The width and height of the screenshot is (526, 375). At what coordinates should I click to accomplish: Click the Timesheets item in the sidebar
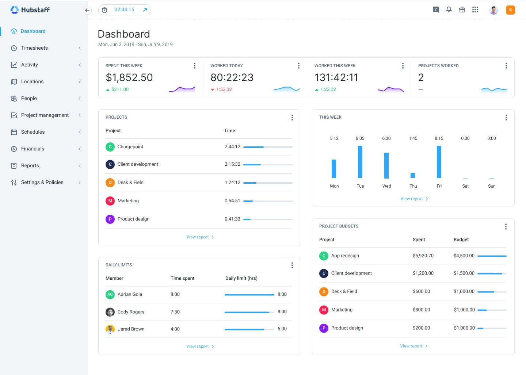tap(34, 48)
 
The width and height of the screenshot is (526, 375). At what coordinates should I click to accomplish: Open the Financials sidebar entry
tap(33, 149)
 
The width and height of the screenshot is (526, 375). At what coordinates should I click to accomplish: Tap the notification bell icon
tap(449, 9)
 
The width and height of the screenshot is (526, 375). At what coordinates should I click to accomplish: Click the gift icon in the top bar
tap(462, 9)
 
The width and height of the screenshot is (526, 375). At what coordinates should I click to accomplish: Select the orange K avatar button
tap(510, 10)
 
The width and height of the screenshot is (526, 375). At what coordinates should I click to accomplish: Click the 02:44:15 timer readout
tap(124, 9)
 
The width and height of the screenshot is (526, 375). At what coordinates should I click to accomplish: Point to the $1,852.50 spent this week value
tap(129, 77)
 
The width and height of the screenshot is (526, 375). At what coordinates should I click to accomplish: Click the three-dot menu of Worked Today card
tap(299, 66)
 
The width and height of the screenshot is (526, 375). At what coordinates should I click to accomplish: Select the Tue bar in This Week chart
tap(360, 162)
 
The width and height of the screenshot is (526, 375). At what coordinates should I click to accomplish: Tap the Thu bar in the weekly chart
tap(413, 175)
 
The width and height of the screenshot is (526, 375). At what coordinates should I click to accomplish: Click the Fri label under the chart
tap(439, 186)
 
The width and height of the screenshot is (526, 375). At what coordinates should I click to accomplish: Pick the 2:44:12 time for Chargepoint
tap(232, 147)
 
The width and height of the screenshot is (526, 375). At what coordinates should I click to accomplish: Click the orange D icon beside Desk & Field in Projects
tap(110, 183)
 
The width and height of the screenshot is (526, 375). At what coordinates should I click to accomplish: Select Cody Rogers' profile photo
tap(110, 312)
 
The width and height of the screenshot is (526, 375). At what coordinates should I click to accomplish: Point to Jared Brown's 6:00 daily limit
tap(282, 329)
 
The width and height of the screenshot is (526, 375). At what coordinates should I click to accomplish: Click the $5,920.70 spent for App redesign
tap(423, 256)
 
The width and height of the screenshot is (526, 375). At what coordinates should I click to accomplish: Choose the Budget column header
tap(461, 240)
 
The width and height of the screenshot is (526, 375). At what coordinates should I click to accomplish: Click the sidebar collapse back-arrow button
tap(87, 10)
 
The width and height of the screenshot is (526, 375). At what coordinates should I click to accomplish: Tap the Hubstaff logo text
tap(35, 10)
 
